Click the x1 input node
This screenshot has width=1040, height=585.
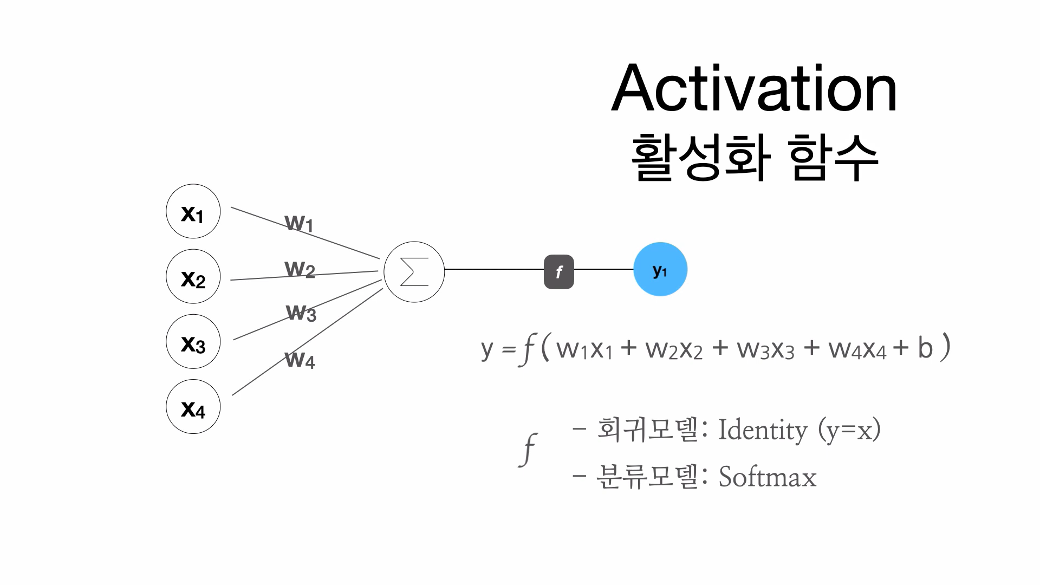pyautogui.click(x=193, y=211)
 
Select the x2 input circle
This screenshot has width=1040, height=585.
pyautogui.click(x=193, y=276)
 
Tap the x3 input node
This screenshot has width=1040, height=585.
pyautogui.click(x=193, y=341)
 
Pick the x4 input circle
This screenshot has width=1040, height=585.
pyautogui.click(x=193, y=406)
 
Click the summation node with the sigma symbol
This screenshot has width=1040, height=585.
pyautogui.click(x=414, y=271)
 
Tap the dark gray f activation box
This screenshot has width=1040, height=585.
pyautogui.click(x=558, y=271)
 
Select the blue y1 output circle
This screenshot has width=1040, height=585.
pyautogui.click(x=660, y=269)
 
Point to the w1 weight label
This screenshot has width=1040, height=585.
pyautogui.click(x=299, y=223)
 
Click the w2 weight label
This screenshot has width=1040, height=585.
pyautogui.click(x=300, y=269)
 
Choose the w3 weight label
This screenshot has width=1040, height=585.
pyautogui.click(x=301, y=313)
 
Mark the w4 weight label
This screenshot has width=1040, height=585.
pyautogui.click(x=300, y=359)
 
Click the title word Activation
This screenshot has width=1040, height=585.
pyautogui.click(x=754, y=88)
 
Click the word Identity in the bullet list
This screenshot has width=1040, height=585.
pyautogui.click(x=762, y=431)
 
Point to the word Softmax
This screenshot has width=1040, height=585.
pyautogui.click(x=767, y=477)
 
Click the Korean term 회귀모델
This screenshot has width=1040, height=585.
pyautogui.click(x=647, y=430)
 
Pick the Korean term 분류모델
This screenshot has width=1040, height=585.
pyautogui.click(x=647, y=477)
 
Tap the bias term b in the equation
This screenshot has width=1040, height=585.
pyautogui.click(x=925, y=348)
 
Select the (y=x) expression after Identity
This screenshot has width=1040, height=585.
pyautogui.click(x=849, y=431)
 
